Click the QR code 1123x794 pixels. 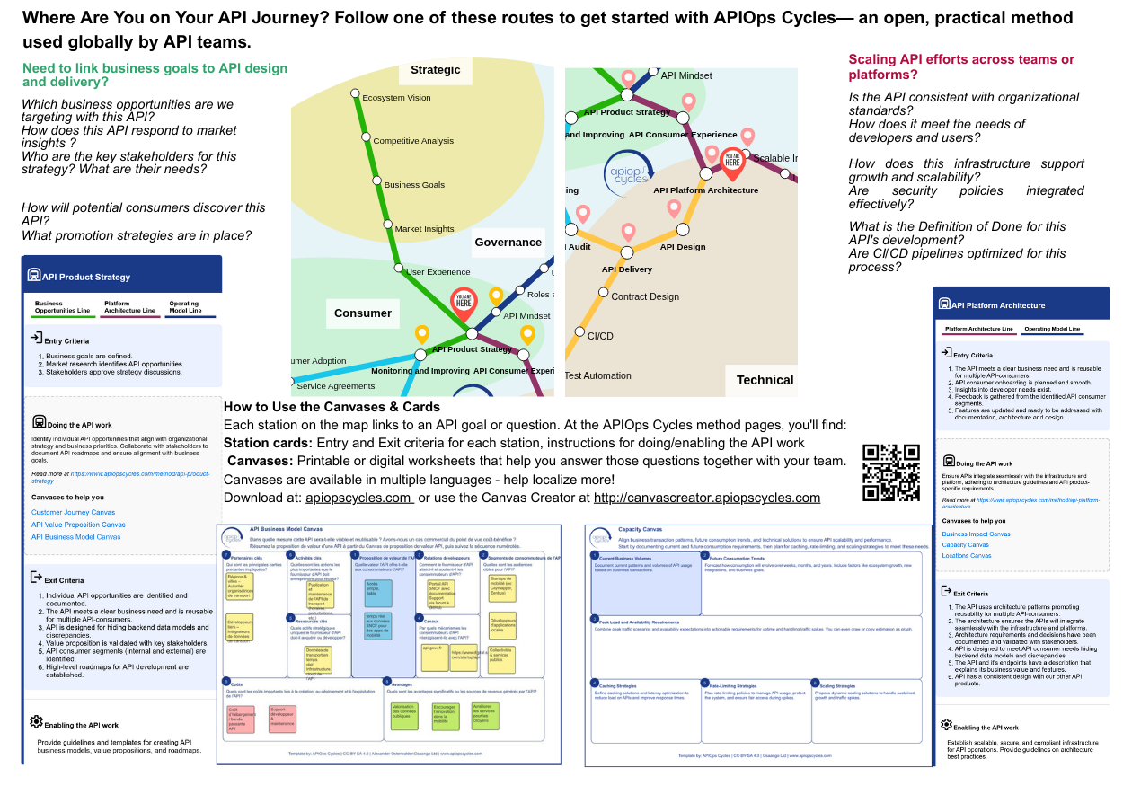click(x=890, y=472)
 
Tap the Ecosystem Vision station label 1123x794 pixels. click(x=396, y=98)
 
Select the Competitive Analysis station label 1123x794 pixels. click(x=413, y=141)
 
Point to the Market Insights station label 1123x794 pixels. click(x=425, y=229)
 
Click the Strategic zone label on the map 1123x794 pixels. click(x=436, y=70)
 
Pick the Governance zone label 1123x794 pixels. click(x=508, y=242)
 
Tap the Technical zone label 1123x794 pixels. click(x=765, y=380)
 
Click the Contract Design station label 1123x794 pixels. click(x=645, y=296)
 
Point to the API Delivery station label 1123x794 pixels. click(x=627, y=269)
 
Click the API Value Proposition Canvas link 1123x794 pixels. click(x=78, y=525)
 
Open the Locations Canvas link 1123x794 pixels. click(x=966, y=555)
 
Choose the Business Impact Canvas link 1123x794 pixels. click(x=976, y=534)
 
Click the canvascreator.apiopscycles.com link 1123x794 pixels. click(x=707, y=498)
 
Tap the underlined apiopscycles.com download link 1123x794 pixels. click(x=358, y=498)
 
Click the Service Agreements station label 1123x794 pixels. click(x=335, y=386)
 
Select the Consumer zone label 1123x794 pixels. click(x=363, y=313)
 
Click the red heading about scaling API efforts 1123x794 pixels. click(x=961, y=67)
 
